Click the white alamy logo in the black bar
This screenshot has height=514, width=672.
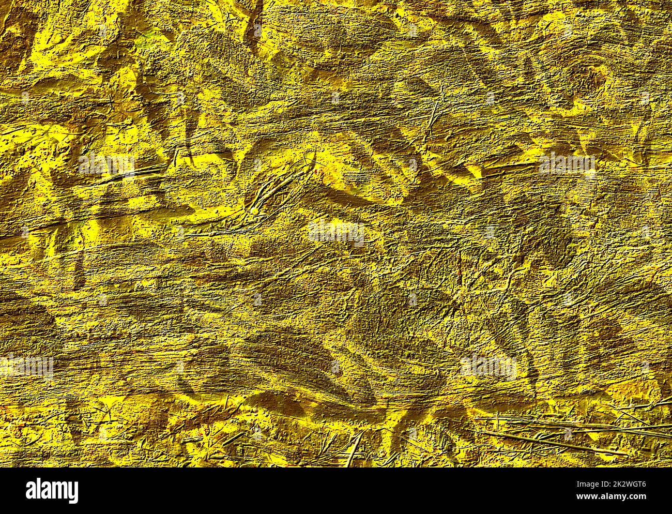click(x=52, y=490)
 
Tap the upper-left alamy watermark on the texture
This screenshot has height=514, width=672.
click(x=106, y=163)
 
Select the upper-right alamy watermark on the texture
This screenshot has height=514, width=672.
click(x=567, y=163)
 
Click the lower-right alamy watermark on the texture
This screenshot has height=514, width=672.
click(x=488, y=366)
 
